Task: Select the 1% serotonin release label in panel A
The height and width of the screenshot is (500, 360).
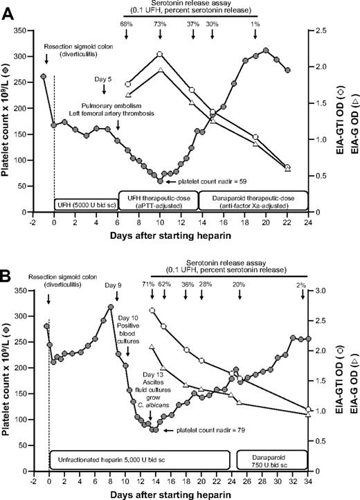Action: pos(255,24)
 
